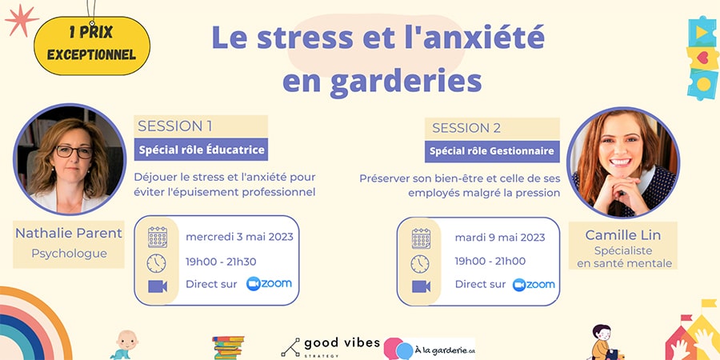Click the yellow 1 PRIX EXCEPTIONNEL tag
tap(92, 46)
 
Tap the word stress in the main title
tap(305, 38)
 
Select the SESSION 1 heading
tap(175, 126)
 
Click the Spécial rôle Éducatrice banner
tap(201, 150)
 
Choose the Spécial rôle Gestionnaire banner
tap(492, 151)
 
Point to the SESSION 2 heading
tap(466, 128)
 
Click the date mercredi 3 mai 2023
tap(239, 237)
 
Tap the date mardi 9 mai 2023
tap(500, 238)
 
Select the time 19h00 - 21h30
tap(221, 262)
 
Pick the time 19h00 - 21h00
tap(490, 262)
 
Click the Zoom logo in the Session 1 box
tap(269, 284)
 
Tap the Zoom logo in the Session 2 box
tap(534, 285)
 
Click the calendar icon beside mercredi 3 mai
tap(157, 237)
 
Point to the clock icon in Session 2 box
tap(420, 264)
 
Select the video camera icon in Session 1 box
tap(158, 286)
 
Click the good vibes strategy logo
tap(330, 347)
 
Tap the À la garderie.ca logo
tap(429, 349)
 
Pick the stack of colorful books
tap(228, 348)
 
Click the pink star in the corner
tap(22, 20)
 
